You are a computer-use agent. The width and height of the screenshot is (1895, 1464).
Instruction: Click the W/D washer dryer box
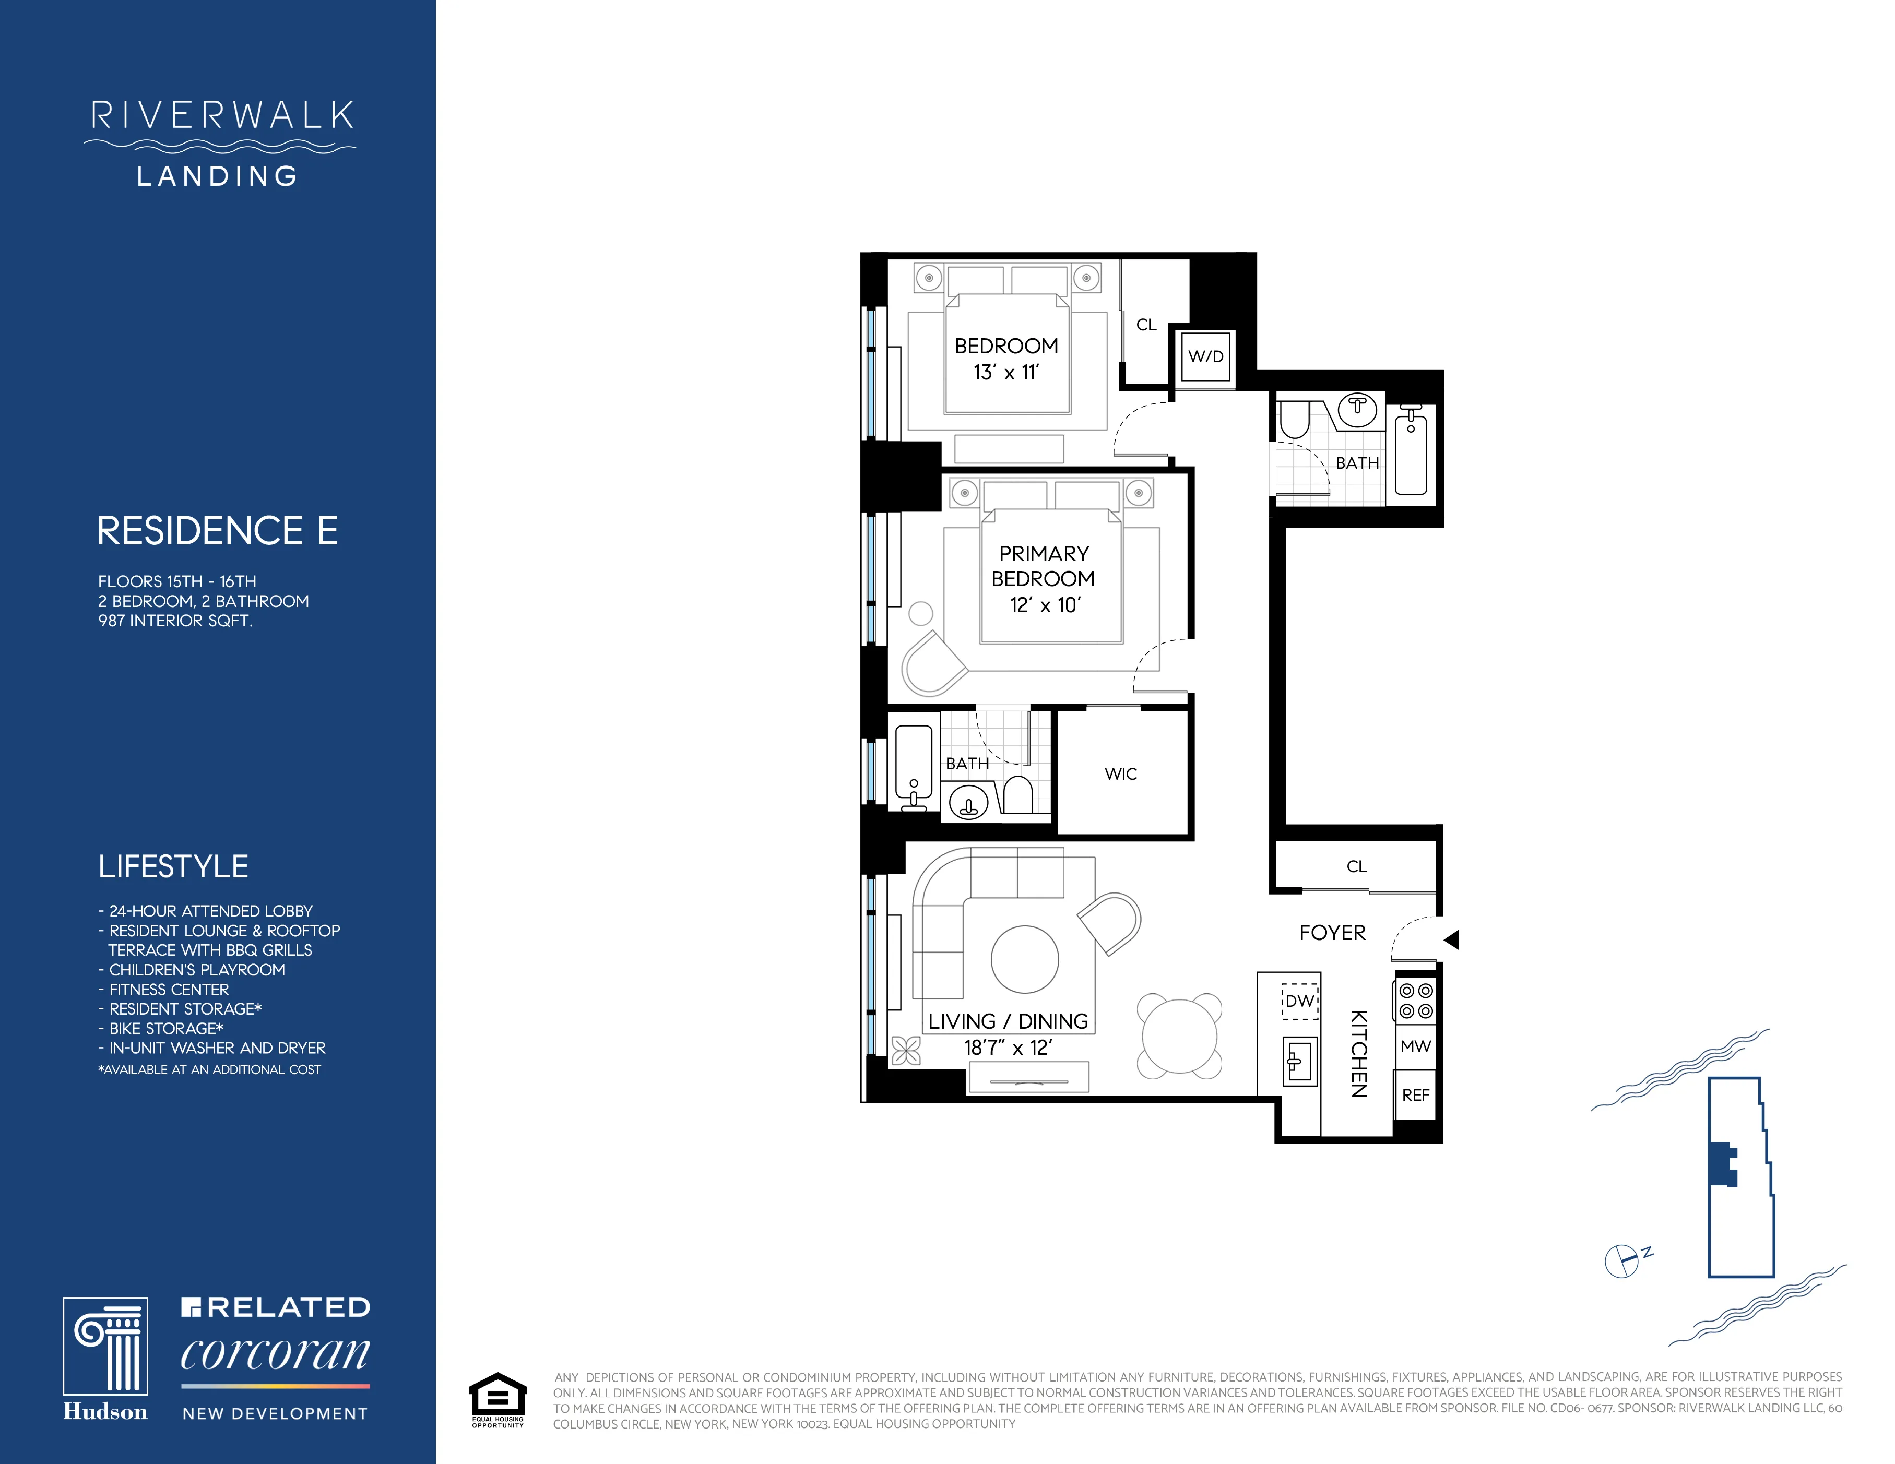[1206, 356]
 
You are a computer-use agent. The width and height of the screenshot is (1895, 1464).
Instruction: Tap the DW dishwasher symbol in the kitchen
[1300, 1001]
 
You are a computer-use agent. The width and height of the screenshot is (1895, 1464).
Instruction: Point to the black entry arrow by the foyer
[1452, 939]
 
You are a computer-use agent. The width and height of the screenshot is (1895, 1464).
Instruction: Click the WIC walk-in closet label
[1120, 773]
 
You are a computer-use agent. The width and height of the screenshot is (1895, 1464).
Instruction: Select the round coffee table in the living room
[1025, 959]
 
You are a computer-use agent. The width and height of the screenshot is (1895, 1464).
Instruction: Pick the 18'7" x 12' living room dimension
[1008, 1048]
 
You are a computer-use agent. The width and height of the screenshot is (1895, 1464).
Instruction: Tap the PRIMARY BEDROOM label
[1043, 565]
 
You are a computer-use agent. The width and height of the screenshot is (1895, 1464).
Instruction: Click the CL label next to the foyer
[1356, 866]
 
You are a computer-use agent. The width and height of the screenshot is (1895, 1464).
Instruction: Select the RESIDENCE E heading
[217, 531]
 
